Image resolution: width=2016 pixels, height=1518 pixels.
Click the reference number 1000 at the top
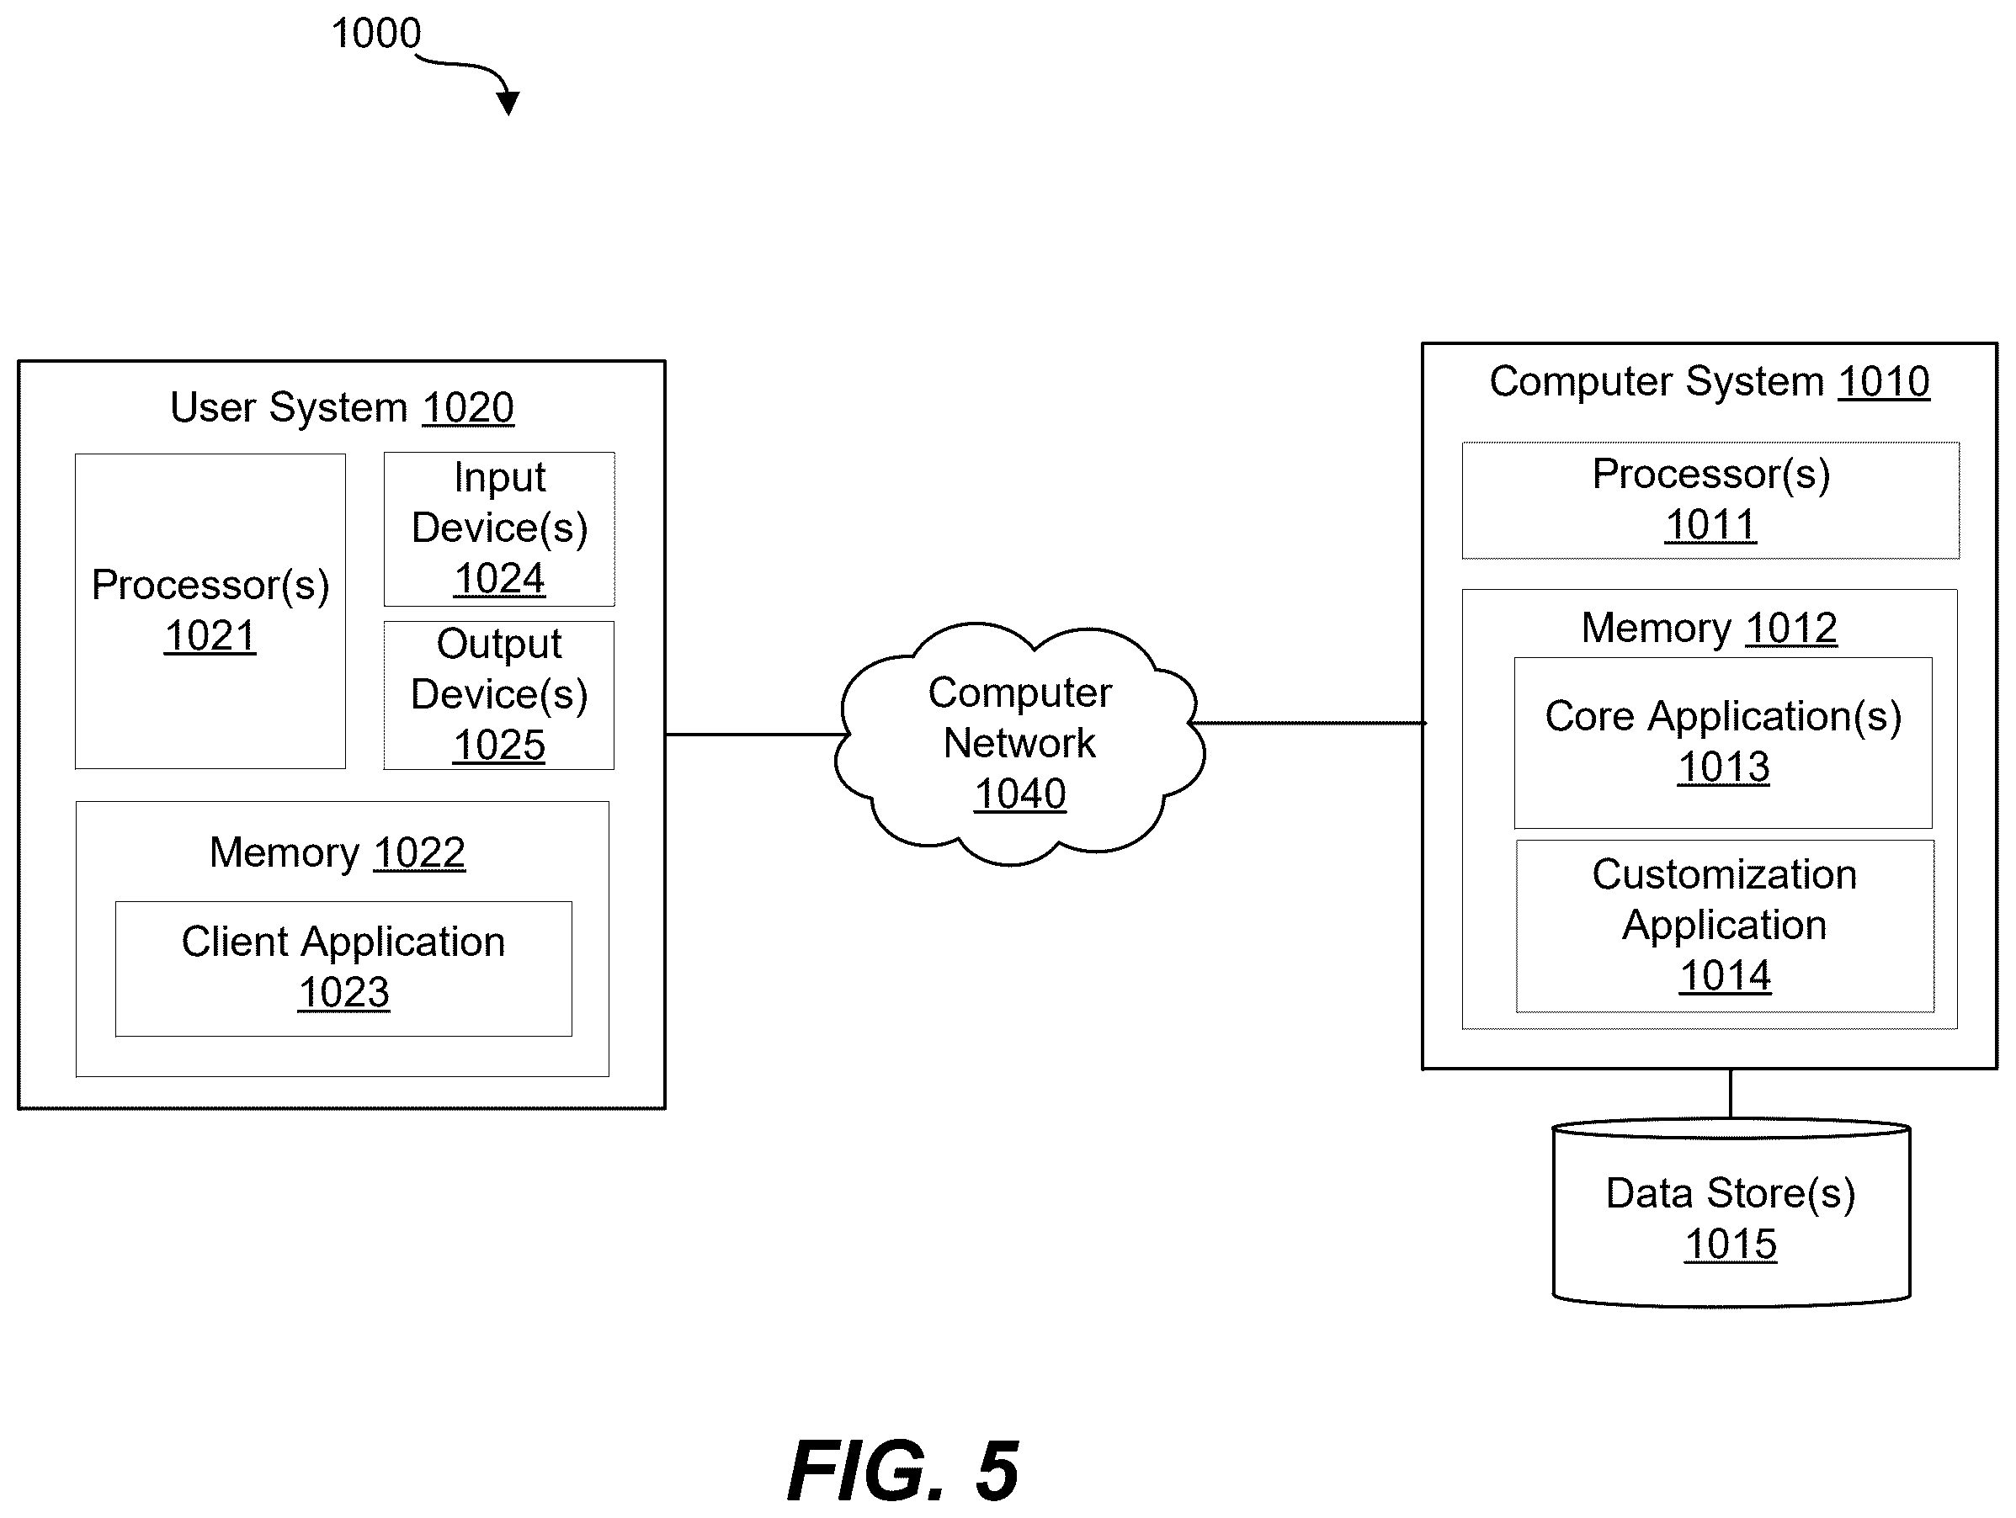coord(375,34)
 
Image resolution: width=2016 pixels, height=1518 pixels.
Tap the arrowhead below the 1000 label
coord(508,103)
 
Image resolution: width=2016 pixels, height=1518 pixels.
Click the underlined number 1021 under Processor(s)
coord(210,636)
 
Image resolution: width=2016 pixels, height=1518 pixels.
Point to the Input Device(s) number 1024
coord(499,579)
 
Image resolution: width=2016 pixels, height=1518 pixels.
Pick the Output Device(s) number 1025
coord(499,746)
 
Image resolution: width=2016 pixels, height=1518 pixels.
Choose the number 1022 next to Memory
coord(419,853)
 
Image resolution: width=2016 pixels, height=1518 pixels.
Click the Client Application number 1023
coord(343,992)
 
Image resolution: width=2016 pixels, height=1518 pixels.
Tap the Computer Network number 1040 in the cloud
coord(1020,793)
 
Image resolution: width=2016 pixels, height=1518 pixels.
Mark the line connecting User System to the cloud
coord(757,735)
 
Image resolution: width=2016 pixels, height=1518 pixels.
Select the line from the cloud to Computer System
coord(1309,724)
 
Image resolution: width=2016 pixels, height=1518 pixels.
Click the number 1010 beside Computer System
coord(1884,382)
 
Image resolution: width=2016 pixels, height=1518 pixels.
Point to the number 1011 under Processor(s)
coord(1710,525)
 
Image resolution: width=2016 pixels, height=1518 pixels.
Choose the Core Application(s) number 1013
coord(1723,767)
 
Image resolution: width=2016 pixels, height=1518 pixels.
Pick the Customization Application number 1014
coord(1726,976)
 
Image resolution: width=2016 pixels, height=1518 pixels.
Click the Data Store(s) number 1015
coord(1731,1244)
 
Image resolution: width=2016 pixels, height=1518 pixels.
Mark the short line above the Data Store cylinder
coord(1730,1094)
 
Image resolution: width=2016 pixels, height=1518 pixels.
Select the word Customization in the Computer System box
coord(1725,875)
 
